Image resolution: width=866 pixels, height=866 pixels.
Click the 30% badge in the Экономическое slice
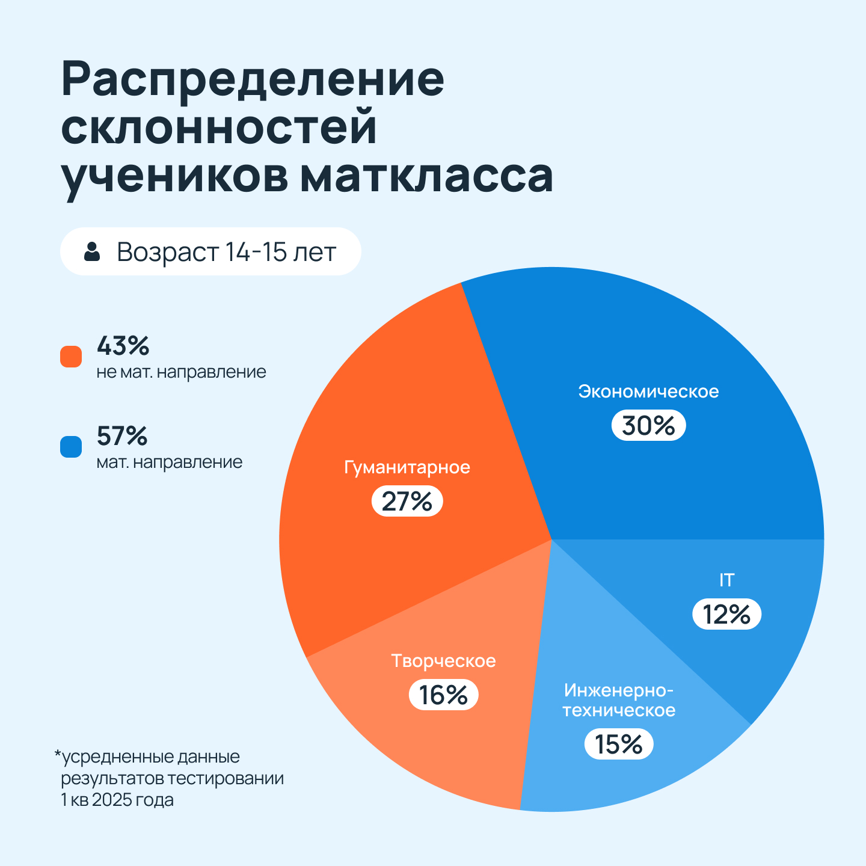(648, 426)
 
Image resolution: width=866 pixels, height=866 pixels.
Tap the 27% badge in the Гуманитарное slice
(407, 502)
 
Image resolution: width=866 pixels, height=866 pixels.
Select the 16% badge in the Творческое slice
(443, 695)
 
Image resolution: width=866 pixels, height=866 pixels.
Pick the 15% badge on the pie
(619, 745)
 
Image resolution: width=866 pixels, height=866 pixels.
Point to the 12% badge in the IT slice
(726, 615)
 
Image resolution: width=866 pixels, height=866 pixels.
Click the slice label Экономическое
(648, 392)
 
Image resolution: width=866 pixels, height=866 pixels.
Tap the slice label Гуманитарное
(407, 467)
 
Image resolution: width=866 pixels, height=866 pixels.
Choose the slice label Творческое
(443, 661)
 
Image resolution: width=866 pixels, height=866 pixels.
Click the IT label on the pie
(726, 580)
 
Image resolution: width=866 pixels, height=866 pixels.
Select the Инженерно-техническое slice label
(619, 700)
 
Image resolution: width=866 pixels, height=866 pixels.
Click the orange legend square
(71, 357)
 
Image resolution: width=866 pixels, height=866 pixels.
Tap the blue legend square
(71, 447)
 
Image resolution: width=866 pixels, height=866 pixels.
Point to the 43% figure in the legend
(123, 346)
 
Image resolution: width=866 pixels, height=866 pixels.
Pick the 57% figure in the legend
(122, 436)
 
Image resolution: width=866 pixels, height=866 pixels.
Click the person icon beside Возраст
(92, 251)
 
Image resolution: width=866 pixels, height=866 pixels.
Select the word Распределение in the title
(253, 79)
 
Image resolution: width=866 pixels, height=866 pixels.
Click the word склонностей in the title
(219, 127)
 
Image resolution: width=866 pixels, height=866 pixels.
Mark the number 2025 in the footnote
(112, 800)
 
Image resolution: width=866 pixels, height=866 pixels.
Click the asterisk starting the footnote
(58, 754)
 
